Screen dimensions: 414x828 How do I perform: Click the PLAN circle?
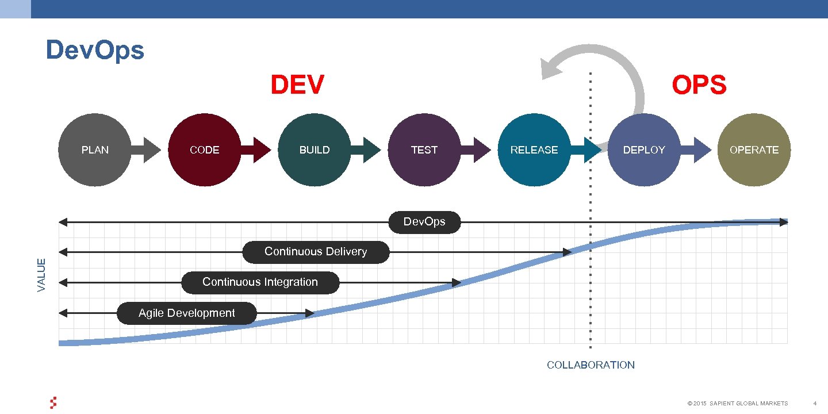pos(95,150)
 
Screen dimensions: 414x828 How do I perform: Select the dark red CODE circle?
pos(205,150)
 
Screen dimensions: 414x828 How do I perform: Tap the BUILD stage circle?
pos(315,150)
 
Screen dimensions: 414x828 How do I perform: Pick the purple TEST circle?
pos(424,150)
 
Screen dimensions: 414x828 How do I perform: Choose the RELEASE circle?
pos(534,150)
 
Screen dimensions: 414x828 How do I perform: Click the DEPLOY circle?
pos(644,150)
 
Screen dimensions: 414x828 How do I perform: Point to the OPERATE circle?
pos(754,150)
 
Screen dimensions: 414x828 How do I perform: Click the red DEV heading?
pos(297,85)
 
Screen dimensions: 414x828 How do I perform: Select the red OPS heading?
pos(699,86)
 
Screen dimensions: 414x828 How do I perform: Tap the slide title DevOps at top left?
pos(95,50)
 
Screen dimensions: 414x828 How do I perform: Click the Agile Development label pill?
pos(187,313)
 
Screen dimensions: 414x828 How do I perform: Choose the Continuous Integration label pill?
pos(260,282)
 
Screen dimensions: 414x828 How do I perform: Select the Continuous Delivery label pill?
pos(316,252)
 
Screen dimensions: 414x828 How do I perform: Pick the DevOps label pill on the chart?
pos(424,222)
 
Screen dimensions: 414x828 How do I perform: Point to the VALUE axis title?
pos(41,274)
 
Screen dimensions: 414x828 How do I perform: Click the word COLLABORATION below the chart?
pos(591,365)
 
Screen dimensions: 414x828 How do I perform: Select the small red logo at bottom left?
pos(53,403)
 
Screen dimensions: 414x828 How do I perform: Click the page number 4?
pos(815,404)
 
